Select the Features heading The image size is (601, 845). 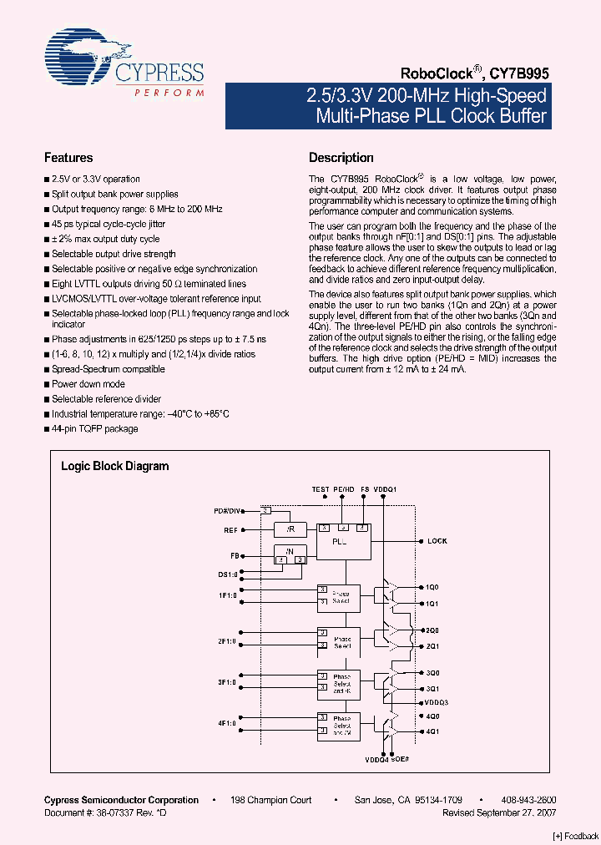coord(68,158)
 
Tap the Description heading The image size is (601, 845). coord(341,158)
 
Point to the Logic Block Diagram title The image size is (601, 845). coord(115,467)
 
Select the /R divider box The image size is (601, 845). coord(290,529)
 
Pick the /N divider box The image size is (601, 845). coord(290,554)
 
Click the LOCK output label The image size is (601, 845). coord(437,541)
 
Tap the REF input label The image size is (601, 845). coord(231,529)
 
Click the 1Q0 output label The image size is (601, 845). coord(432,588)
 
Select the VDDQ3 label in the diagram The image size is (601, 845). coord(437,702)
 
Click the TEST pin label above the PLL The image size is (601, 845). coord(320,489)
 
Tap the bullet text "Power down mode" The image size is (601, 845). coord(88,384)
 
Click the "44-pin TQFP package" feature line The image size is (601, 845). coord(95,429)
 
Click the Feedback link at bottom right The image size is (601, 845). coord(576,836)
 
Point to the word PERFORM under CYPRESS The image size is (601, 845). coord(169,92)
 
